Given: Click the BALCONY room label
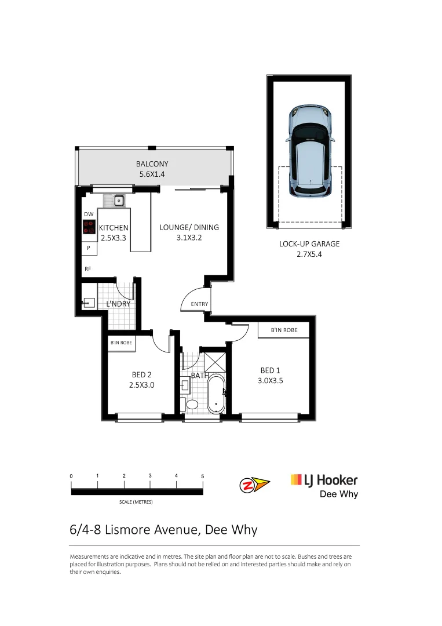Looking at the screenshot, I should coord(152,164).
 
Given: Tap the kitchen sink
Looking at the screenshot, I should coord(118,201).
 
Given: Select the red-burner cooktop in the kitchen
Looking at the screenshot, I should coord(89,227).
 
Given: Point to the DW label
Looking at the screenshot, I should coord(89,214).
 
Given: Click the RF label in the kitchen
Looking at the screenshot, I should coord(87,269).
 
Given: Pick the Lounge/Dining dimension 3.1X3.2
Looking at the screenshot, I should coord(189,238).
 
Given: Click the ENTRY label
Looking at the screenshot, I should coord(199,304).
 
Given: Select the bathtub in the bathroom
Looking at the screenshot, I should coord(215,395).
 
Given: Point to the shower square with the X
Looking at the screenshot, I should coord(213,362).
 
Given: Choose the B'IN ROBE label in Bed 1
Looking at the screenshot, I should coord(284,330).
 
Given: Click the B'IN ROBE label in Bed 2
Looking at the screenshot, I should coord(121,343).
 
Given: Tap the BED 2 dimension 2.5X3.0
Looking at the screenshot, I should coord(142,384).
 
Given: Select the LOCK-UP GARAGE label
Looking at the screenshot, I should coord(309,244).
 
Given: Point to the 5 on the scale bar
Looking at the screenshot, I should coord(202,476).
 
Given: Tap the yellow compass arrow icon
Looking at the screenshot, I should coord(254,485).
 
